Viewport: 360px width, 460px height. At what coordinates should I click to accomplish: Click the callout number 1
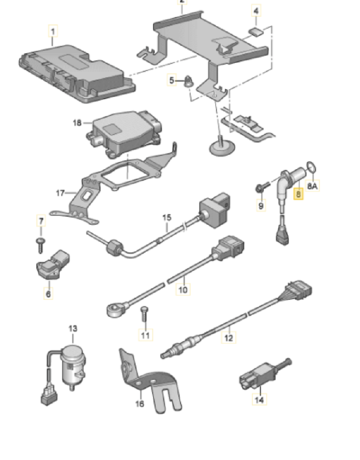(x=53, y=32)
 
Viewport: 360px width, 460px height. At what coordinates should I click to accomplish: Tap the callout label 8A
(x=312, y=185)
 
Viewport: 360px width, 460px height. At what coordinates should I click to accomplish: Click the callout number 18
(x=78, y=123)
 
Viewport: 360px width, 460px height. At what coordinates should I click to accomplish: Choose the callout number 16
(x=139, y=403)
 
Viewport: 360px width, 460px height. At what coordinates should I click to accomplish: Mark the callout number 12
(x=228, y=338)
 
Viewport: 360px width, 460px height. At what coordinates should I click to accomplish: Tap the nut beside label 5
(x=190, y=82)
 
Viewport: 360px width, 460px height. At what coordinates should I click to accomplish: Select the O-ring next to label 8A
(x=310, y=167)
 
